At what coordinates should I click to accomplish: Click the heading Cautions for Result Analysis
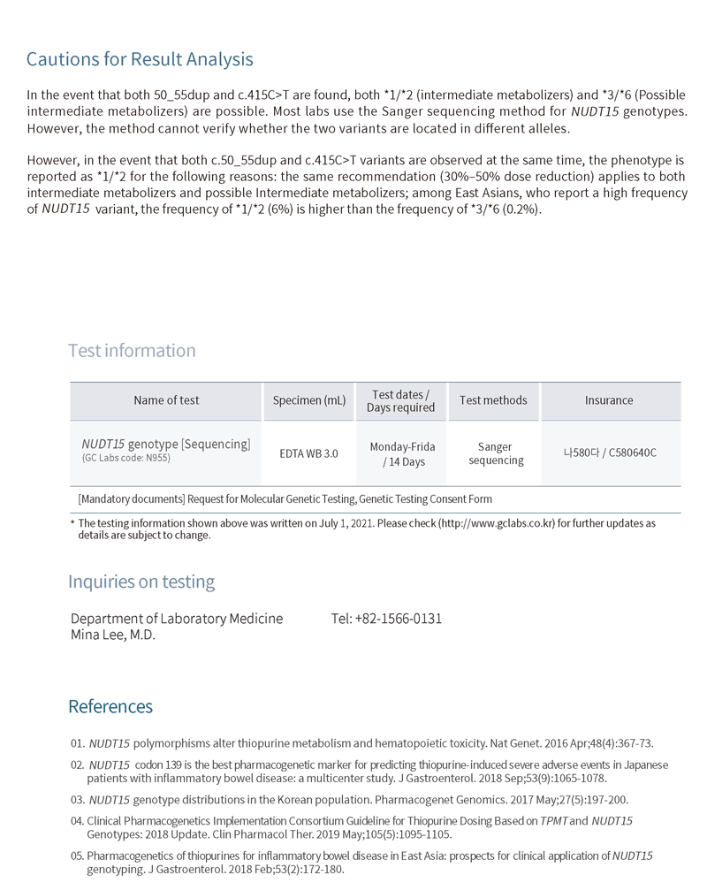point(140,60)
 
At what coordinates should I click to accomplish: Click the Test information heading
point(132,351)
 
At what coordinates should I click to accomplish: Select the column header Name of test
point(166,400)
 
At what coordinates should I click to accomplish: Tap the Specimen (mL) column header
point(308,400)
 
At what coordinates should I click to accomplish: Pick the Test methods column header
point(493,400)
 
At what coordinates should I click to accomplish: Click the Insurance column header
point(609,400)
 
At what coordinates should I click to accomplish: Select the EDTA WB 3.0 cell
point(308,453)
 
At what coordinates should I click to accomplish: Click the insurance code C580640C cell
point(610,453)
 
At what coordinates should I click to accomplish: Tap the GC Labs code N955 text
point(125,458)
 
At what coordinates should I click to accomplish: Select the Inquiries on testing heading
point(141,582)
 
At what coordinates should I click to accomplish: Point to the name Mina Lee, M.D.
point(112,635)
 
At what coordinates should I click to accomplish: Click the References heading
point(110,707)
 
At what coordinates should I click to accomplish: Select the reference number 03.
point(77,800)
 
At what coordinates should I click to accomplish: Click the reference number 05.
point(77,856)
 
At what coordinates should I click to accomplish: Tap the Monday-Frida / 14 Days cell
point(402,454)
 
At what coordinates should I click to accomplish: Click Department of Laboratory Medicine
point(177,619)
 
